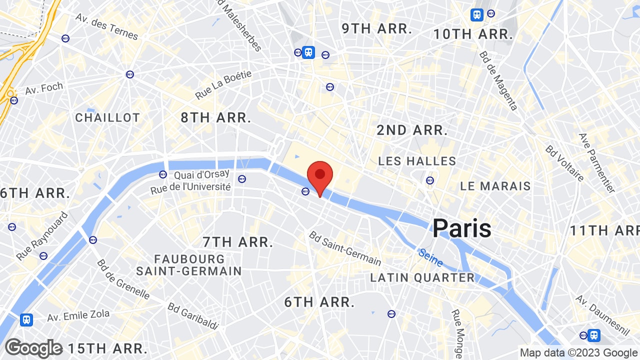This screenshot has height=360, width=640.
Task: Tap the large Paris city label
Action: (x=461, y=228)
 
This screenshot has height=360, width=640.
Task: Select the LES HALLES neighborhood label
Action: (x=417, y=161)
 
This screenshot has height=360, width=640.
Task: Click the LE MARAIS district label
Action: (x=495, y=186)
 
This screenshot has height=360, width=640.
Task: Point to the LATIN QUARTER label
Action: (x=422, y=277)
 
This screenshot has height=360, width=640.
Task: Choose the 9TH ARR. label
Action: (x=377, y=28)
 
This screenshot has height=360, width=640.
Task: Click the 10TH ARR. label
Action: (x=473, y=34)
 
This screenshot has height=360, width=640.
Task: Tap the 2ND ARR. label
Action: (x=412, y=130)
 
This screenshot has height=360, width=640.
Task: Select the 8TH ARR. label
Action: (x=216, y=117)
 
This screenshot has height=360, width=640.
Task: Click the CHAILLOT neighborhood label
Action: (x=107, y=117)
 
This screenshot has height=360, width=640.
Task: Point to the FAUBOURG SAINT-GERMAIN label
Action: (x=189, y=265)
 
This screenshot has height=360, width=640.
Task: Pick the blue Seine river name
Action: (x=430, y=257)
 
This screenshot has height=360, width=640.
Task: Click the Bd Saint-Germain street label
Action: (x=345, y=248)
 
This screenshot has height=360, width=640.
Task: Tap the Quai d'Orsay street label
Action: (x=201, y=174)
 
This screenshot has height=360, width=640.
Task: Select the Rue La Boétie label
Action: (x=223, y=84)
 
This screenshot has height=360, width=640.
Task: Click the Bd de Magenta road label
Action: (x=498, y=80)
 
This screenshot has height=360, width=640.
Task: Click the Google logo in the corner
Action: (x=33, y=348)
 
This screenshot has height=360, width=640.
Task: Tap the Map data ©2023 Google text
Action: (x=578, y=352)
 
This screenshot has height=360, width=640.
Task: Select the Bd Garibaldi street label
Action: (x=193, y=316)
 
